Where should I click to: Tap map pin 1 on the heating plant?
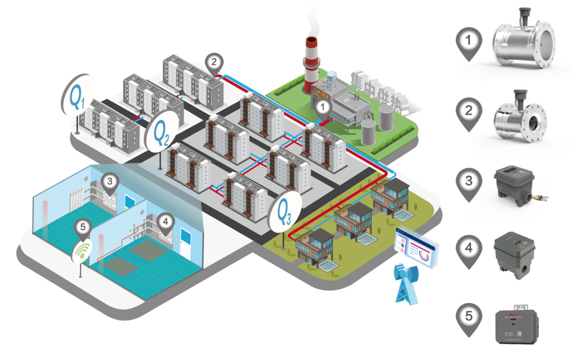coord(323,107)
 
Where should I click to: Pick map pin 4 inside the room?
coord(165,222)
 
